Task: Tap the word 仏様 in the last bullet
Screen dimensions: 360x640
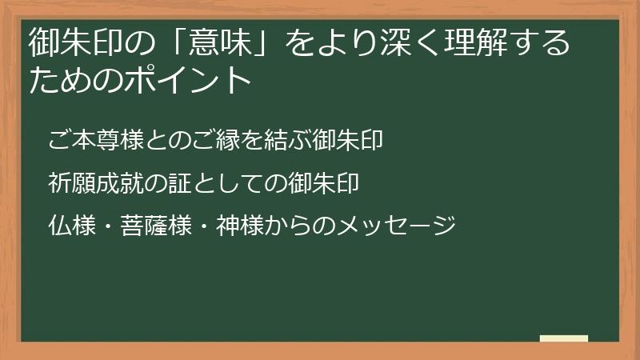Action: [71, 225]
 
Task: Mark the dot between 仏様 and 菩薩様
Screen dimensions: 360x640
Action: [110, 225]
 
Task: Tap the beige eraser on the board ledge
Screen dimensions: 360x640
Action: [564, 338]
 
